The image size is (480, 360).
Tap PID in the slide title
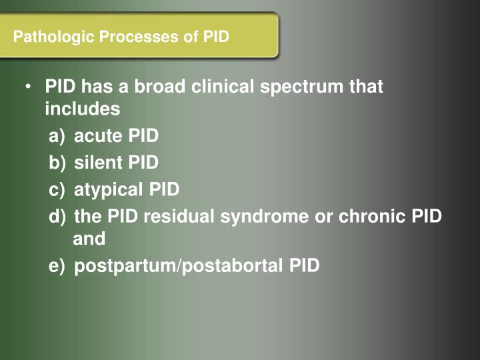[x=215, y=37]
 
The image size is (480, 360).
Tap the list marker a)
[x=57, y=137]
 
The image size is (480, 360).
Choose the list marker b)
[x=57, y=163]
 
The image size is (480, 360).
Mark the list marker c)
[x=57, y=190]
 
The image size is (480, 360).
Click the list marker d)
[x=57, y=217]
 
